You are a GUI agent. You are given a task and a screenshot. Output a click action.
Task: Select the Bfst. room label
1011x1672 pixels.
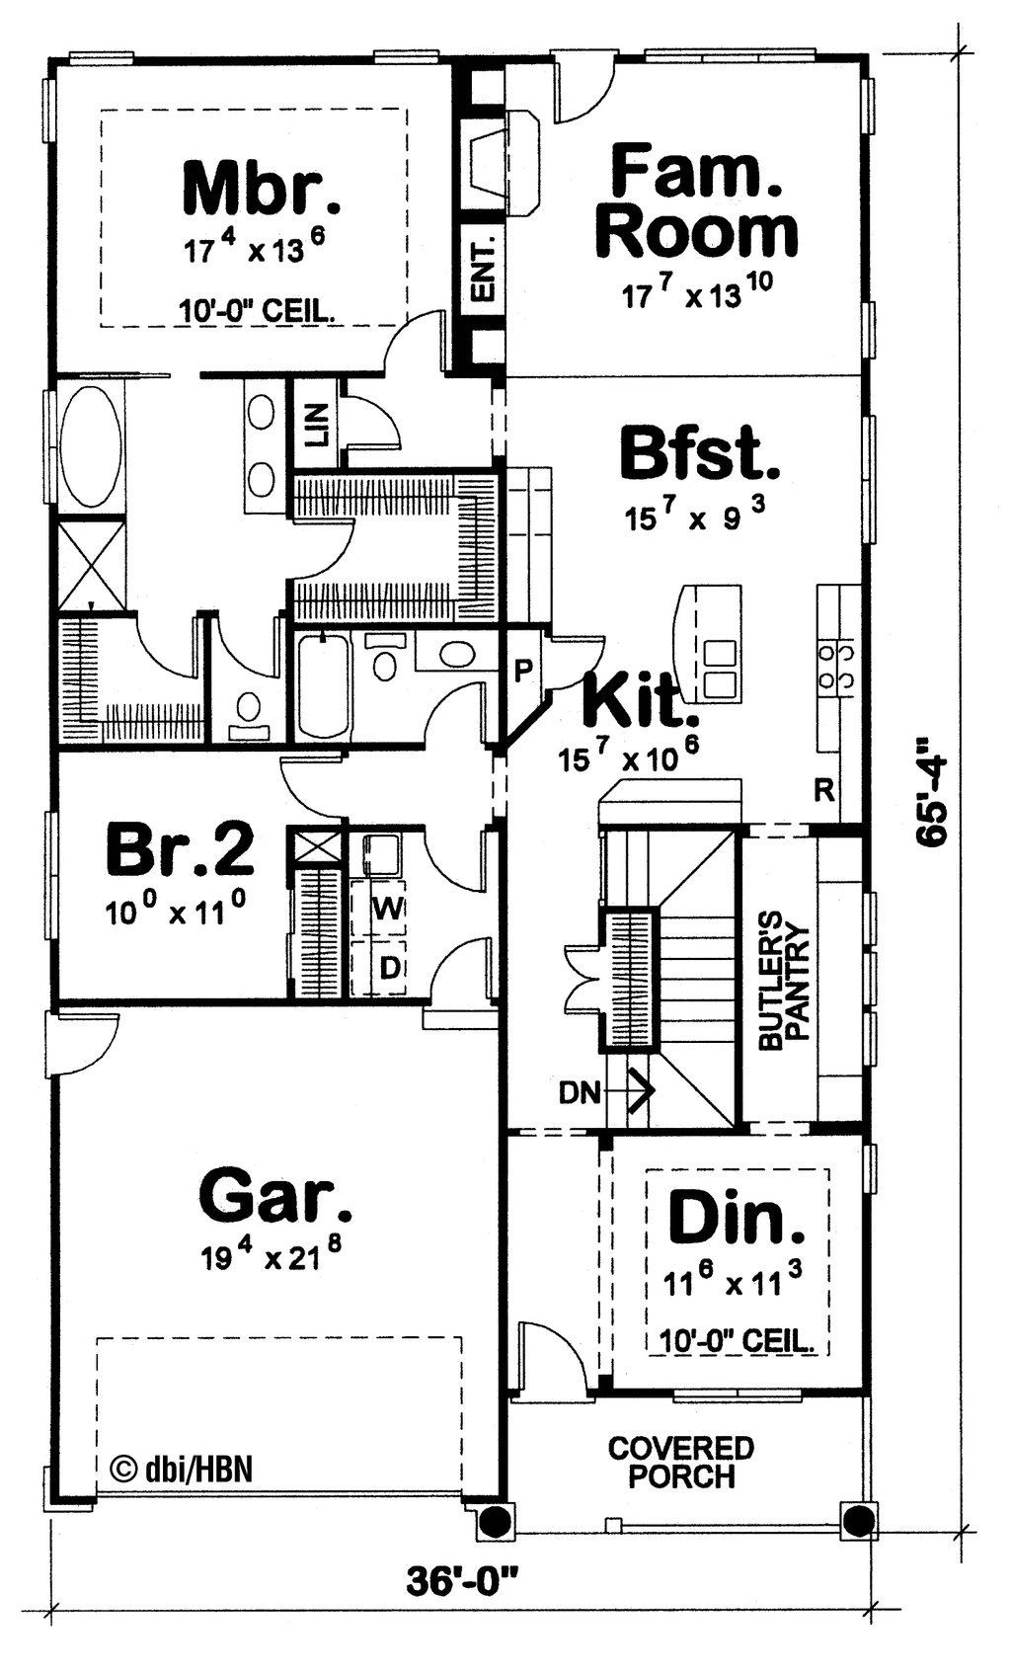click(699, 455)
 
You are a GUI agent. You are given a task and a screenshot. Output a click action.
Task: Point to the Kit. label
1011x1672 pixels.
click(633, 700)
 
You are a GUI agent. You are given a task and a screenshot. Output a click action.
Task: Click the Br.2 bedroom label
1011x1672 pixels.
click(180, 848)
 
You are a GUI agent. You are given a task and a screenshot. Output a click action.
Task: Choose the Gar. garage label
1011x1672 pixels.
click(274, 1196)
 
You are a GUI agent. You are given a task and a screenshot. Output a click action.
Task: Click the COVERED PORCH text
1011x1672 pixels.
click(681, 1463)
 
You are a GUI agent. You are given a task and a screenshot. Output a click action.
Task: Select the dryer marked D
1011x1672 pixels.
click(390, 968)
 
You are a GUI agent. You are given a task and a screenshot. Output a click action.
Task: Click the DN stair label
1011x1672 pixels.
click(580, 1092)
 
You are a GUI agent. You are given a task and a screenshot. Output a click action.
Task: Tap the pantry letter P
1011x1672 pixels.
click(523, 671)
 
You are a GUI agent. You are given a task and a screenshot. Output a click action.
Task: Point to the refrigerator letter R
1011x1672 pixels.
click(824, 789)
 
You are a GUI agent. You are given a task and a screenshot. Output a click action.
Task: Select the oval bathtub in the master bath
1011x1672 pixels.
click(91, 445)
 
